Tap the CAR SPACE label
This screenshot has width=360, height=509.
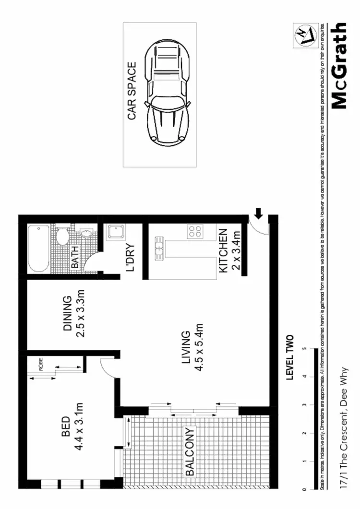click(x=132, y=91)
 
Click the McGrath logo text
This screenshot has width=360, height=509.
click(x=339, y=66)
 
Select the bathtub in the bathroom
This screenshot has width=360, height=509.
click(x=37, y=248)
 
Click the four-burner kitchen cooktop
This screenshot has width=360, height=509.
click(x=195, y=232)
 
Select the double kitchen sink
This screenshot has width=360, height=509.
click(x=158, y=249)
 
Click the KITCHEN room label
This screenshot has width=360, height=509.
click(x=223, y=250)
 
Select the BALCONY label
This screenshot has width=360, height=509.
click(x=190, y=451)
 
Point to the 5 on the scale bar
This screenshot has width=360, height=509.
click(x=304, y=349)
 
